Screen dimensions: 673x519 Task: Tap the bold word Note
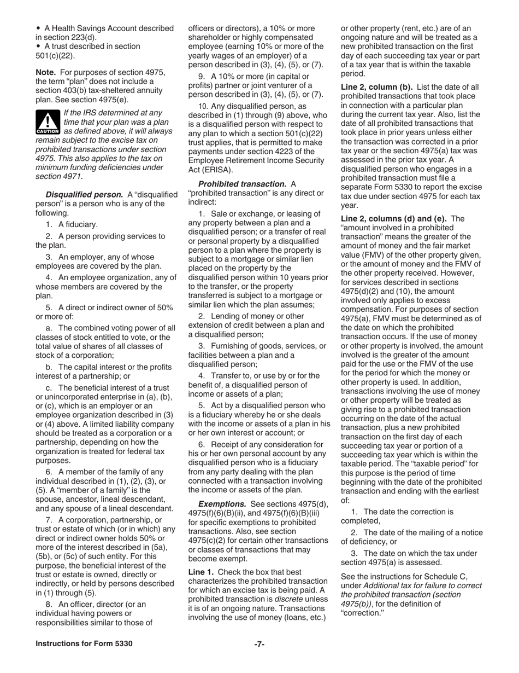coord(46,72)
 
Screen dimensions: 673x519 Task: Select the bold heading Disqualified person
coord(84,194)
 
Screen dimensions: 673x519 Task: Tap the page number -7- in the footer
coord(259,644)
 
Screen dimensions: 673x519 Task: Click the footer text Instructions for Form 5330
coord(84,644)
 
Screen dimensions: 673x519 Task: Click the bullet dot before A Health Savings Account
coord(38,28)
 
